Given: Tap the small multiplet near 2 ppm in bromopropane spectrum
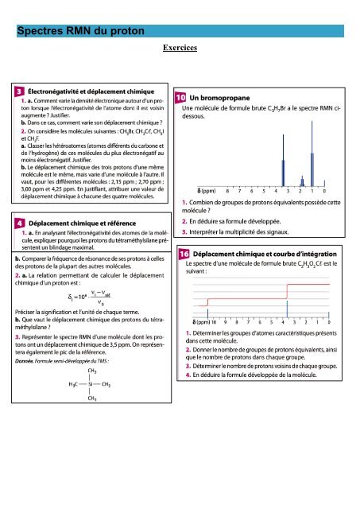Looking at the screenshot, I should [302, 181].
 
